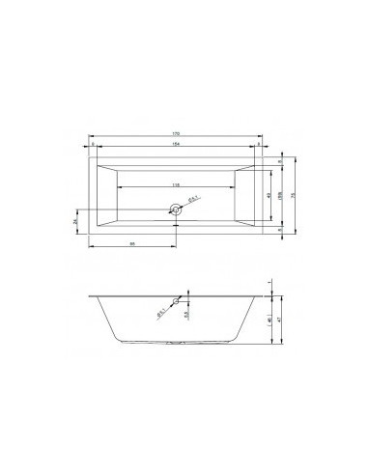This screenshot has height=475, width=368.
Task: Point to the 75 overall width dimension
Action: (292, 192)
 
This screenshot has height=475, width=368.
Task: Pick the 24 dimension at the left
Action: (76, 219)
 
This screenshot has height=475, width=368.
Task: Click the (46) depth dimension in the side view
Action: (268, 318)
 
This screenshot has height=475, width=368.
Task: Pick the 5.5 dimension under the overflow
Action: (185, 314)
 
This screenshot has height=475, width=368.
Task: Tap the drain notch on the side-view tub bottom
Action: (176, 344)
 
